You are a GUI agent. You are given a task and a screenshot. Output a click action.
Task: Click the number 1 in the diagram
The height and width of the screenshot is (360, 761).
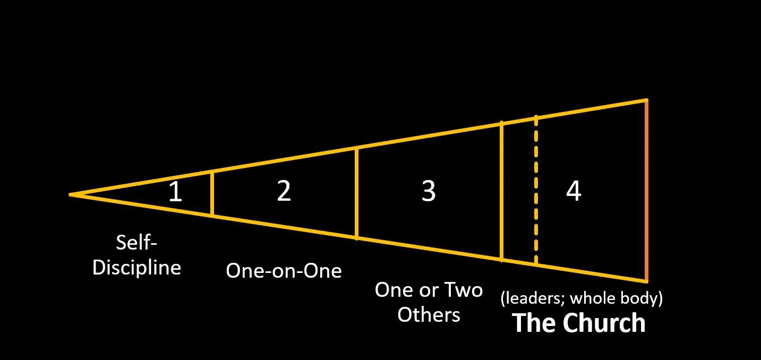(175, 192)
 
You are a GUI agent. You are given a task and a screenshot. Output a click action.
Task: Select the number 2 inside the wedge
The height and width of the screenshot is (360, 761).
(284, 191)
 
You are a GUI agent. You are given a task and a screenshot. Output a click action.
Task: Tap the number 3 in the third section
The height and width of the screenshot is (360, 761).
(429, 191)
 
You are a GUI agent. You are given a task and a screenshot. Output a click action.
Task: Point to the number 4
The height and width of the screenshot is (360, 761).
(574, 191)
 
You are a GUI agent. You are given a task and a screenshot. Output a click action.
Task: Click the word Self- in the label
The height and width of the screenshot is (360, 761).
(137, 244)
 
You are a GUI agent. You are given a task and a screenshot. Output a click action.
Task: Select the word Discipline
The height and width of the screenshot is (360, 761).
(137, 267)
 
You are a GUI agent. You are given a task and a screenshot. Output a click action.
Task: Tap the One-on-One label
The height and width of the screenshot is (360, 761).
(284, 271)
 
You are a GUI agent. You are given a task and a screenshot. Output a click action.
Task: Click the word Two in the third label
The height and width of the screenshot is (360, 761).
(463, 290)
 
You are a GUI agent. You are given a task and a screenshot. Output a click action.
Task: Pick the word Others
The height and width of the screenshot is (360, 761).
(429, 314)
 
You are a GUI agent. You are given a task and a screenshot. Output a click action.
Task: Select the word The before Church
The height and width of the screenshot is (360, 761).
(534, 323)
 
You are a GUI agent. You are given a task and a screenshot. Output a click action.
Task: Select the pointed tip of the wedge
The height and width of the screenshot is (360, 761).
(72, 195)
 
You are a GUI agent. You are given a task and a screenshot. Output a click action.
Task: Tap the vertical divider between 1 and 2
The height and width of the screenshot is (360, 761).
(212, 193)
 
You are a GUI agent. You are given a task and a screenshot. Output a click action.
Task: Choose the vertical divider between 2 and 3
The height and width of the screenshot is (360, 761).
(356, 193)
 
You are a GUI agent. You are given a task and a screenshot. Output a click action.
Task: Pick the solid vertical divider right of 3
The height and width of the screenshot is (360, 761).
(501, 191)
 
